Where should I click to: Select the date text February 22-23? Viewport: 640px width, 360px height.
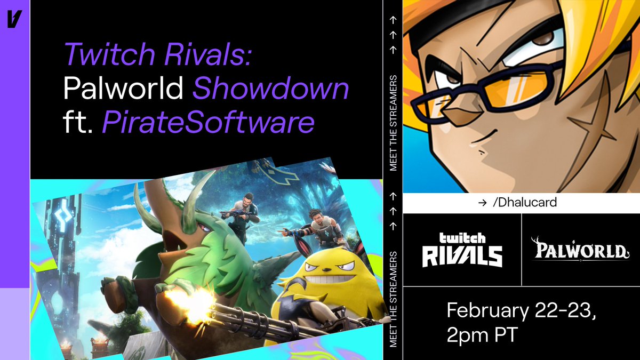pos(521,310)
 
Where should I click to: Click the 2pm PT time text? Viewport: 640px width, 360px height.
pos(484,335)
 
